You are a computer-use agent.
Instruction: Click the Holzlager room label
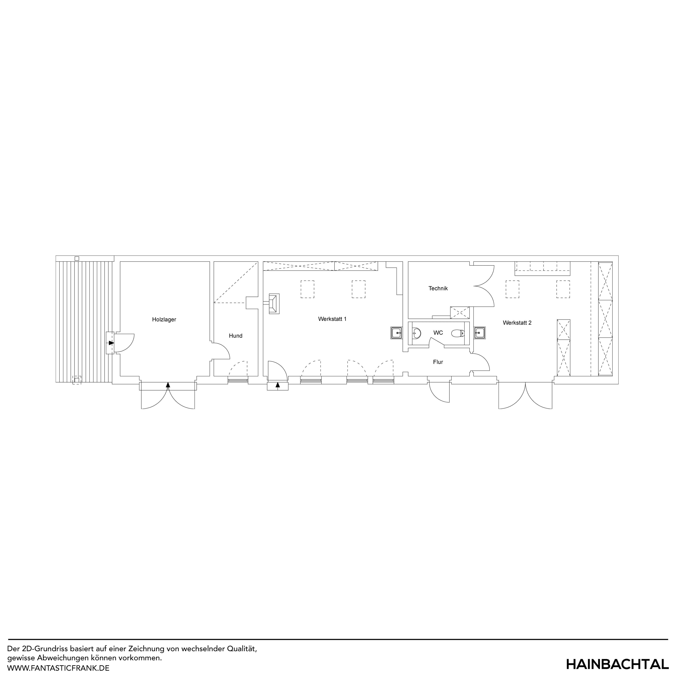coord(164,320)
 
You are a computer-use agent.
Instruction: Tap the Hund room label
coord(236,336)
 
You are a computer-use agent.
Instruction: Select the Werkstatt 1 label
coord(332,319)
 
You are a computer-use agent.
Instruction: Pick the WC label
coord(438,333)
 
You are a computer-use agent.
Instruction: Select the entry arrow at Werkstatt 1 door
coord(278,386)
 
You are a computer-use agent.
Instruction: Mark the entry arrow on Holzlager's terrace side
coord(111,343)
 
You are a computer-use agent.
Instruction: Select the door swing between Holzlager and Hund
coord(220,351)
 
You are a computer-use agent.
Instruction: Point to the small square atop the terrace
coord(77,259)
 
